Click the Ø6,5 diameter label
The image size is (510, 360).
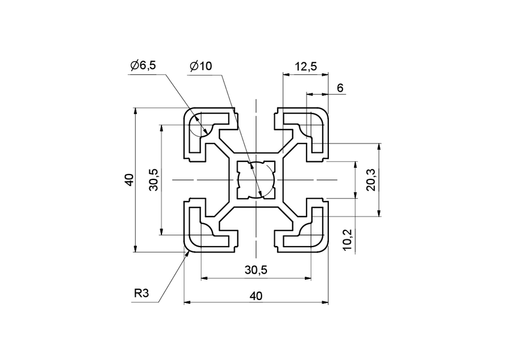pyautogui.click(x=143, y=66)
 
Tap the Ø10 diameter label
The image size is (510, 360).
pyautogui.click(x=200, y=66)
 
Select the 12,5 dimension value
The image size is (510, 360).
pyautogui.click(x=306, y=67)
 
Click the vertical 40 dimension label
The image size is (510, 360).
pyautogui.click(x=128, y=180)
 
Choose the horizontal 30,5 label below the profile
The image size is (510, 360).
pyautogui.click(x=256, y=271)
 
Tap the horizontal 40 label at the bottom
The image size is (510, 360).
pyautogui.click(x=256, y=295)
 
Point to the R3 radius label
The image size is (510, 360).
pyautogui.click(x=142, y=293)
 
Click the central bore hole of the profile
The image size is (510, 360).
pyautogui.click(x=256, y=180)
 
